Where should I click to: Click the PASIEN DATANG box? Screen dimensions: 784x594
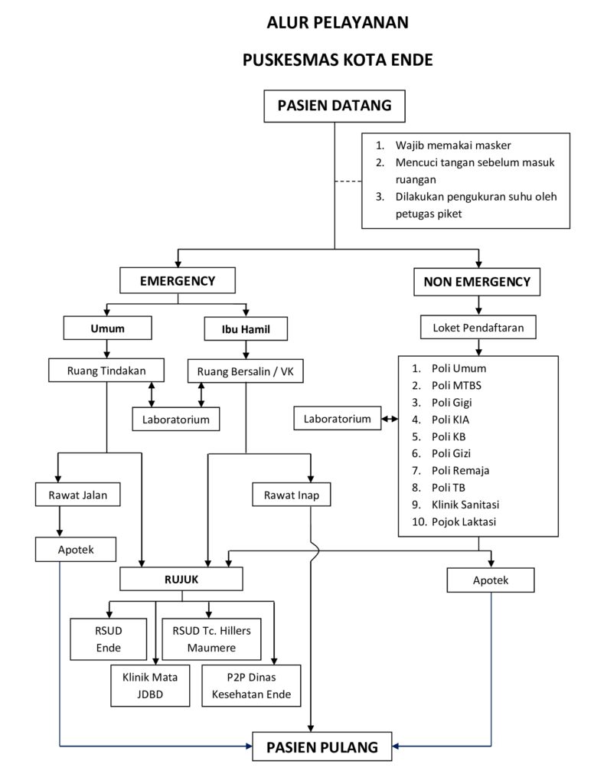335,106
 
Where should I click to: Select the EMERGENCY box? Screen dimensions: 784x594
178,281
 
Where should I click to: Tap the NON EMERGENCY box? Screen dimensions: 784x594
477,282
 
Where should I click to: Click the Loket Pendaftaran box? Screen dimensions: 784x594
478,328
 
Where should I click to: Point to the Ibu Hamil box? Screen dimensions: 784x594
245,330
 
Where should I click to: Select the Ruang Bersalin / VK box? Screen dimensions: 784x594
245,371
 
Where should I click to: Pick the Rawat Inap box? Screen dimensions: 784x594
292,495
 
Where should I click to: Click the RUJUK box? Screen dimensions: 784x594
181,580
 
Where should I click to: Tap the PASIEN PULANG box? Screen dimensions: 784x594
322,747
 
